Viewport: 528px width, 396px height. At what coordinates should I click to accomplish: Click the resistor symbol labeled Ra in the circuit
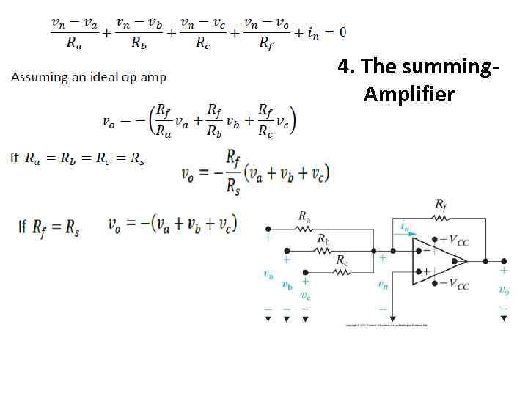(304, 228)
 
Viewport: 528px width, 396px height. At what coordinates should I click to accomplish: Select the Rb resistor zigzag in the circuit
(323, 250)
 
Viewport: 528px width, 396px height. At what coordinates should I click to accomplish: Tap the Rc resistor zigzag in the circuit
(342, 271)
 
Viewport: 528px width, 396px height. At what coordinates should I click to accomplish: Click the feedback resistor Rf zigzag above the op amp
(441, 217)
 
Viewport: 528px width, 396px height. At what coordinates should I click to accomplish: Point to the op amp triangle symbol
(439, 260)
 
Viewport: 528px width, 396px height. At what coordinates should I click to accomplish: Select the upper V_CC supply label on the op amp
(455, 240)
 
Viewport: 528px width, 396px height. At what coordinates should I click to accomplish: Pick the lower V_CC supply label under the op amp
(455, 285)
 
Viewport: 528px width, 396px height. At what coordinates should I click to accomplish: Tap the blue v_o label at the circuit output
(503, 290)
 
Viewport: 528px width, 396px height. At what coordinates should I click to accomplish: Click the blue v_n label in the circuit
(382, 284)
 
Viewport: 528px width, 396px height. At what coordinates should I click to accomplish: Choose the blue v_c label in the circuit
(305, 296)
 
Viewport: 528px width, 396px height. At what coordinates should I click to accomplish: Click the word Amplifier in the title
(408, 95)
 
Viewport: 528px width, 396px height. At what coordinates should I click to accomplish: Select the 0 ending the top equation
(342, 32)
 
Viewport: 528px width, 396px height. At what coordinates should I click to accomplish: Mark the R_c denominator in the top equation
(202, 43)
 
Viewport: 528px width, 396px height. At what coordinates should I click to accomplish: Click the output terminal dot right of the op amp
(504, 260)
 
